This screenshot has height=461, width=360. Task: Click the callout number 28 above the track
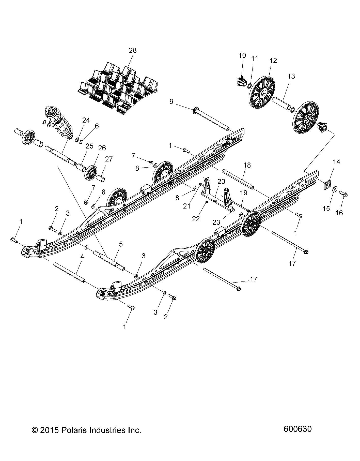(x=133, y=50)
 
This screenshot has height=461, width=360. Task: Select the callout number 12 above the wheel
(x=273, y=61)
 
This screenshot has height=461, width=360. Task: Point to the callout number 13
(x=291, y=76)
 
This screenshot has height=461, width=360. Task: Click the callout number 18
(x=247, y=165)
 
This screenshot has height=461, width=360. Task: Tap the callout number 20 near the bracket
(x=221, y=181)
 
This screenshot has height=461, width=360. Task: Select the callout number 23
(x=216, y=222)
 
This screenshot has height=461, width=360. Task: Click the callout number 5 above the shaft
(x=121, y=244)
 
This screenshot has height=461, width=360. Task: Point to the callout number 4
(x=82, y=257)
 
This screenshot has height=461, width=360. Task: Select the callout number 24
(x=86, y=120)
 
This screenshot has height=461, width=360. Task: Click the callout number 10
(x=242, y=55)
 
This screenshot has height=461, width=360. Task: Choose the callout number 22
(x=196, y=219)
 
